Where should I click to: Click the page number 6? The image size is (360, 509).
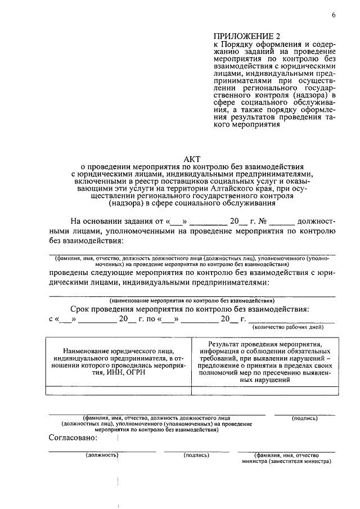333,15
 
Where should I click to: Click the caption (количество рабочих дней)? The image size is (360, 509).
287,326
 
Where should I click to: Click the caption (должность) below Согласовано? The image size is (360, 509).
102,455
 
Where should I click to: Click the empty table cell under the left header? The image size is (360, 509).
118,390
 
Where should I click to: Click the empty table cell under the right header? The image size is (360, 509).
264,390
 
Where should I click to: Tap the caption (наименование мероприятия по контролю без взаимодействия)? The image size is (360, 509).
192,301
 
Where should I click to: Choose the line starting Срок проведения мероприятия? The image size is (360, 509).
189,309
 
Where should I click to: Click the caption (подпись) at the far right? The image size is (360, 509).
305,418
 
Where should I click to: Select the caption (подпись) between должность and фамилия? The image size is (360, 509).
196,455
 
